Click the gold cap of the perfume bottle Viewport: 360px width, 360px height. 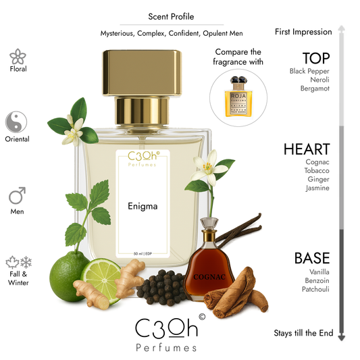tap(146, 74)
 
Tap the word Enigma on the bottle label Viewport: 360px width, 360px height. tap(142, 205)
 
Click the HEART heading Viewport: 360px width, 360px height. tap(307, 149)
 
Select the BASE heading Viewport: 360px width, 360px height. tap(311, 257)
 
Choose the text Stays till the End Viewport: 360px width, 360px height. tap(303, 333)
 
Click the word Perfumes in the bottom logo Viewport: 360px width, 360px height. tap(166, 347)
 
